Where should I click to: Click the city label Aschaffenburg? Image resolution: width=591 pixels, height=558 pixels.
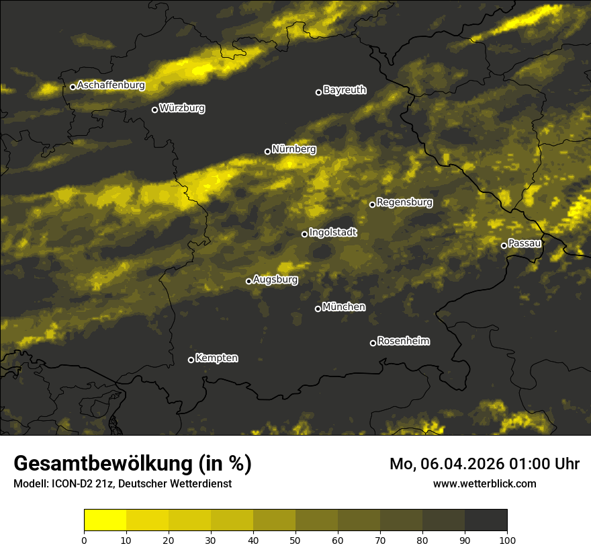tap(111, 85)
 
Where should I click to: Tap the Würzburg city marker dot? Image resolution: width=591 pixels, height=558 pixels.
tap(154, 110)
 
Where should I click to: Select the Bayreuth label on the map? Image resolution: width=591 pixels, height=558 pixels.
tap(345, 90)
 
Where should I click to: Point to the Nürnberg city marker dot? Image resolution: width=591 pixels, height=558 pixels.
tap(267, 151)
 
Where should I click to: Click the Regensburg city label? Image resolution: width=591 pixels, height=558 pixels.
tap(404, 202)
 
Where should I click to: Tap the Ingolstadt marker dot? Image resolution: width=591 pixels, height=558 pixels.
tap(304, 234)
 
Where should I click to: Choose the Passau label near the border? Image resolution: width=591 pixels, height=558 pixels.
tap(525, 243)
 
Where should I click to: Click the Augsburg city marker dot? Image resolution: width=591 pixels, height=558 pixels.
tap(248, 281)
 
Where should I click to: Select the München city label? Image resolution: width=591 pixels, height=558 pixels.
tap(344, 307)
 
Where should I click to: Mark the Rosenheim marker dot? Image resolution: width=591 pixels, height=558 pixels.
tap(373, 343)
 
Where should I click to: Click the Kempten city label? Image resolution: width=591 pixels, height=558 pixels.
tap(216, 358)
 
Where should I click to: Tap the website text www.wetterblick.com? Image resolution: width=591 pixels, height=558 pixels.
tap(484, 484)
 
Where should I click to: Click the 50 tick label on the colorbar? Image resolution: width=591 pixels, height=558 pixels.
tap(295, 540)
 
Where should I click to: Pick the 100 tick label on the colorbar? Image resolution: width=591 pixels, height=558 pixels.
tap(507, 540)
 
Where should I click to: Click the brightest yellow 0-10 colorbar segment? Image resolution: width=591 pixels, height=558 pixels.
tap(105, 520)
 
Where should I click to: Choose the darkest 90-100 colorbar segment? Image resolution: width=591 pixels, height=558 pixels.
tap(486, 520)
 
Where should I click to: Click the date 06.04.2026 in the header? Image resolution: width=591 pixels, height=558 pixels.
tap(453, 464)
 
